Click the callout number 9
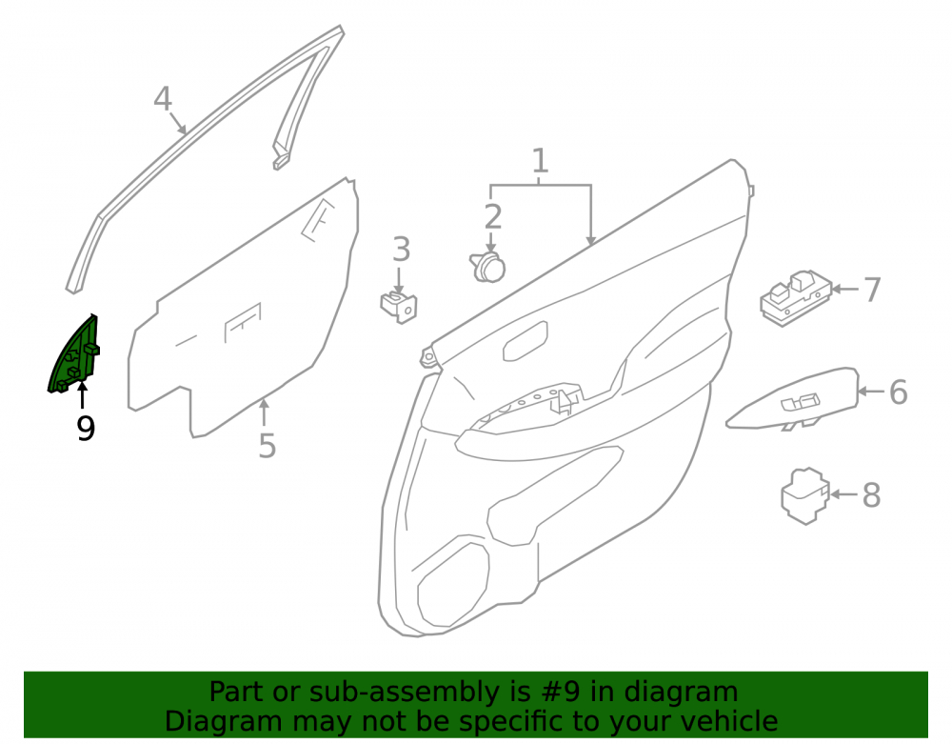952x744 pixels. coord(86,429)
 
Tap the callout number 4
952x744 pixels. coord(162,98)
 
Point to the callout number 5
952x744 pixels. coord(268,446)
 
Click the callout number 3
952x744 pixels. coord(402,249)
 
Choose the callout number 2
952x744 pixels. coord(493,217)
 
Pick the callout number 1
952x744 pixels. coord(540,161)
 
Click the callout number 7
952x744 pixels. coord(872,290)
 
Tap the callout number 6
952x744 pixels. coord(899,392)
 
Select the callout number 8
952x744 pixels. coord(872,495)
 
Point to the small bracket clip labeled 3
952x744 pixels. coord(399,307)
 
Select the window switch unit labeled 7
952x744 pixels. coord(795,297)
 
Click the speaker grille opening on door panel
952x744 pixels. coord(453,583)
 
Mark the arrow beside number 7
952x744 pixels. coord(845,289)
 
